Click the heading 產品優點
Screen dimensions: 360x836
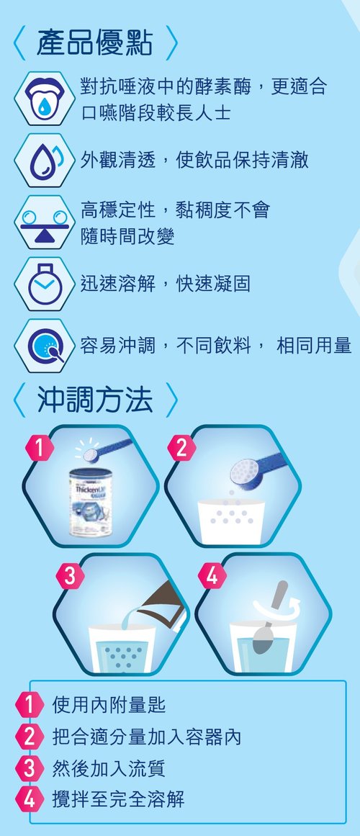pyautogui.click(x=94, y=43)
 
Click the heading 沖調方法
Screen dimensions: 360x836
pyautogui.click(x=94, y=400)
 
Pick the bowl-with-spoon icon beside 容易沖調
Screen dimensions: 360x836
pyautogui.click(x=44, y=346)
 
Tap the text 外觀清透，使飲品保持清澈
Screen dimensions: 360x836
pyautogui.click(x=194, y=161)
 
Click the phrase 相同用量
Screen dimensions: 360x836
pyautogui.click(x=314, y=346)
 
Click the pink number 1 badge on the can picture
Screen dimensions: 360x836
pyautogui.click(x=40, y=449)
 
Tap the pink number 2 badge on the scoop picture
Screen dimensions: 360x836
pyautogui.click(x=182, y=449)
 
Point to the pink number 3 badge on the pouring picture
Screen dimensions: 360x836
pyautogui.click(x=71, y=576)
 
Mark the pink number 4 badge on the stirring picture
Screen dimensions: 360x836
pyautogui.click(x=212, y=576)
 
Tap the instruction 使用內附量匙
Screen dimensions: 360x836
pyautogui.click(x=109, y=705)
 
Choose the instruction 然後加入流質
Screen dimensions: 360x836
pyautogui.click(x=109, y=768)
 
